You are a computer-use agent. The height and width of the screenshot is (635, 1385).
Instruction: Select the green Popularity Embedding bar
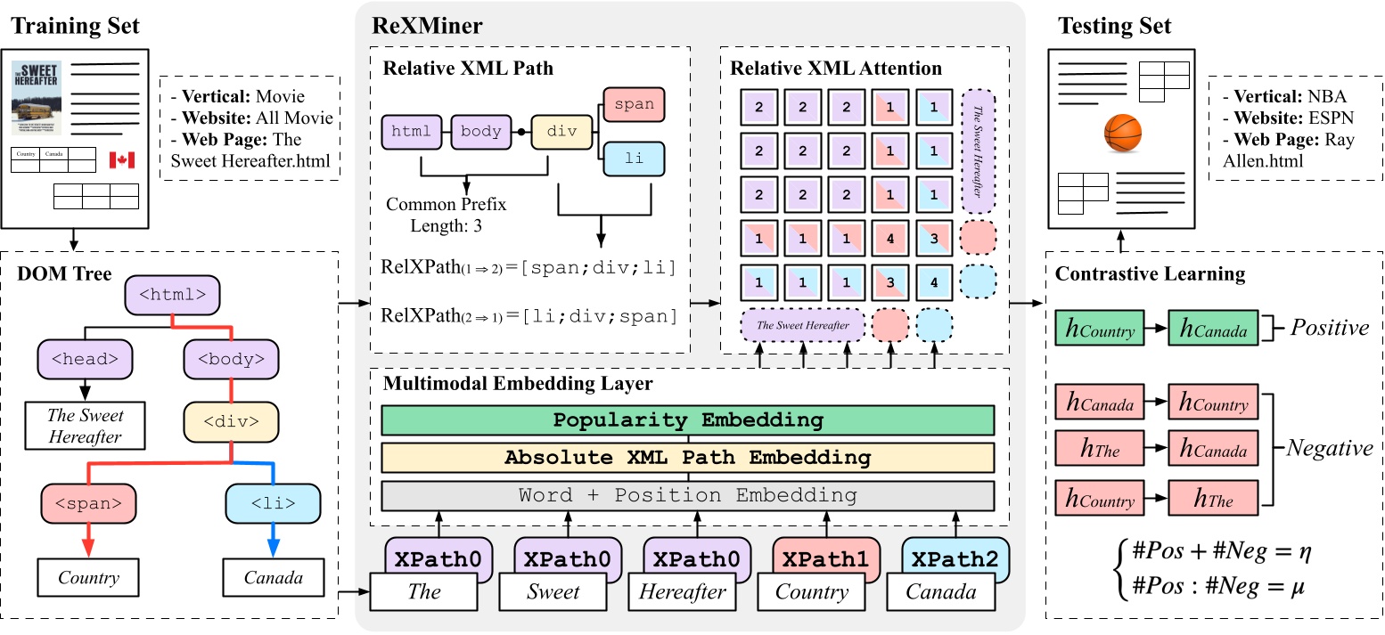[687, 420]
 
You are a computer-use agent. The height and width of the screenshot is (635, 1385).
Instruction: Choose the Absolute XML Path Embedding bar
[687, 458]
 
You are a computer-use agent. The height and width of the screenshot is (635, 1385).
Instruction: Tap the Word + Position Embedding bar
[687, 495]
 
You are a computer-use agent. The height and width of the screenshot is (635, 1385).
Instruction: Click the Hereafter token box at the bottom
[682, 591]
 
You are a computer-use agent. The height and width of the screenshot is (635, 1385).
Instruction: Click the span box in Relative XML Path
[635, 104]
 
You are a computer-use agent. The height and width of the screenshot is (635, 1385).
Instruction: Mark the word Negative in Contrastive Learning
[1328, 449]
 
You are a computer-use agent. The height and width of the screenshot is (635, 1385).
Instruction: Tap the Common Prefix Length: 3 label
[446, 215]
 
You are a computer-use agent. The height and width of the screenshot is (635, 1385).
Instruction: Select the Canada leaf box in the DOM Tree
[273, 578]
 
